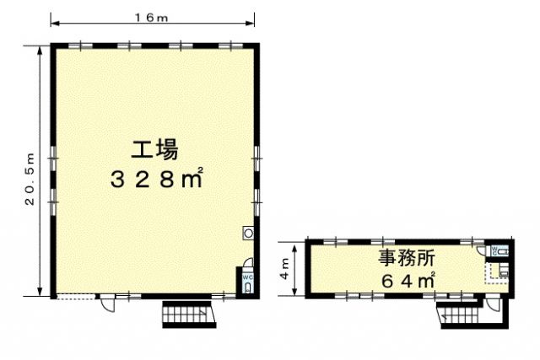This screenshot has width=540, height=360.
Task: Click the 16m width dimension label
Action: click(x=151, y=18)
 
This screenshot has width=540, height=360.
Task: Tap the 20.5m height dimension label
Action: click(x=30, y=179)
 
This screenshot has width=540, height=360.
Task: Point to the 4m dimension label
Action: click(x=285, y=269)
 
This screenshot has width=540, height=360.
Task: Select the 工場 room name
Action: click(x=154, y=149)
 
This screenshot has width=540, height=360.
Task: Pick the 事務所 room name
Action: click(x=407, y=258)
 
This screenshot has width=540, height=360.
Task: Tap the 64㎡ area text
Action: click(x=408, y=281)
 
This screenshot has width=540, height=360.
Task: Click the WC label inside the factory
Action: click(x=248, y=277)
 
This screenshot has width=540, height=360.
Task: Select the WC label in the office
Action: click(x=494, y=250)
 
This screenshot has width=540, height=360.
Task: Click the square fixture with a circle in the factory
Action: click(x=248, y=233)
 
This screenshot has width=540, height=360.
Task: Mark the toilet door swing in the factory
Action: click(x=247, y=262)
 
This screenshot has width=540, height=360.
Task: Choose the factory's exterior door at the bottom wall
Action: click(x=107, y=304)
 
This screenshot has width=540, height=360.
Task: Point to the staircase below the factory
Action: click(x=189, y=314)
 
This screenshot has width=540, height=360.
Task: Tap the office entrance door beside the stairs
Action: click(x=493, y=305)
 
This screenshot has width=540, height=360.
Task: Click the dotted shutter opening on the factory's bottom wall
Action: click(x=76, y=296)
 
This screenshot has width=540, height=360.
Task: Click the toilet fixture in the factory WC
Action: click(x=248, y=287)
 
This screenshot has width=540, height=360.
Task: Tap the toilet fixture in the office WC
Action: click(x=503, y=251)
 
